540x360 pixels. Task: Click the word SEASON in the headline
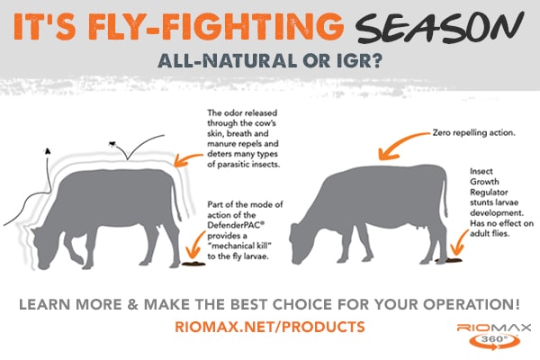(x=440, y=27)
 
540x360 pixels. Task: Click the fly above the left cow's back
(x=112, y=143)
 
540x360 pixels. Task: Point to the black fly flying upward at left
(x=48, y=151)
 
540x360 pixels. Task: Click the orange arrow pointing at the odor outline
(x=188, y=159)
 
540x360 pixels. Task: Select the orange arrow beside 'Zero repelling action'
(x=401, y=145)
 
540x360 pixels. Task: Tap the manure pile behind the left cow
(x=193, y=264)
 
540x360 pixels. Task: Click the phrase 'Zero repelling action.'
(x=474, y=133)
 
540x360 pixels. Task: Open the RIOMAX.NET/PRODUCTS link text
(x=270, y=327)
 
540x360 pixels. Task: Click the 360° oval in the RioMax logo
(x=494, y=341)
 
